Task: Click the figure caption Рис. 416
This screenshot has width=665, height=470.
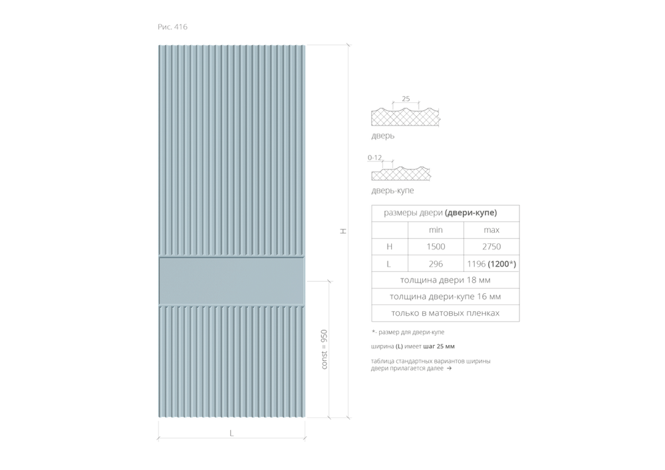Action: (x=172, y=27)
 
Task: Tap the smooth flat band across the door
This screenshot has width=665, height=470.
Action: (x=231, y=281)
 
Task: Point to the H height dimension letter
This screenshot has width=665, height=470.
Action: (x=343, y=231)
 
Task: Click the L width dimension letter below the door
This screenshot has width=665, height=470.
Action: (x=231, y=433)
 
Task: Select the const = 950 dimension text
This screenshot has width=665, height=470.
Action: (x=325, y=349)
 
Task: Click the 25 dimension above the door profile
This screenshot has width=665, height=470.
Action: (x=406, y=99)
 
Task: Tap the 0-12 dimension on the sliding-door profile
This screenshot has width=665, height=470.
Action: (x=375, y=158)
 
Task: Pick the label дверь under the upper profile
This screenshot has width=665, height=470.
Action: (x=383, y=136)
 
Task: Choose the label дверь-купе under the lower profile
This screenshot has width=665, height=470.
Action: (x=393, y=191)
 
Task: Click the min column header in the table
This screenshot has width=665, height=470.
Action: (x=436, y=230)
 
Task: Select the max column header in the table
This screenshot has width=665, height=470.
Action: (x=491, y=230)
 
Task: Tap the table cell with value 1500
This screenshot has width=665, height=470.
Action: (x=436, y=247)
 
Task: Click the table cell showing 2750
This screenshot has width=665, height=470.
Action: (x=491, y=247)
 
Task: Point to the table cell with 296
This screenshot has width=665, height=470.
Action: (x=436, y=264)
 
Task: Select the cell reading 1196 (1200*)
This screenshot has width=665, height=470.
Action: (x=491, y=264)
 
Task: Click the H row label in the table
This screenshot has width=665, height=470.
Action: (x=389, y=247)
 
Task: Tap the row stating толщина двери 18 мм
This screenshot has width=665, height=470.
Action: (x=446, y=280)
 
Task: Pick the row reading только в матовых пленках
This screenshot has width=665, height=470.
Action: (x=446, y=313)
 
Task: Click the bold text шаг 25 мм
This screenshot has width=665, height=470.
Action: (x=439, y=346)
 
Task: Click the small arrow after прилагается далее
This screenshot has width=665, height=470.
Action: (x=449, y=368)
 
